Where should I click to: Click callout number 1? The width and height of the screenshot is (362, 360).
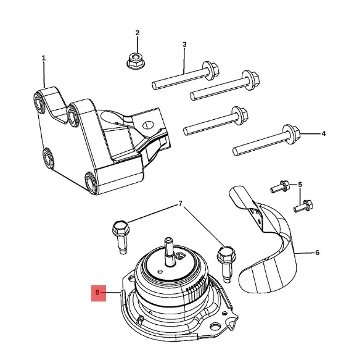[x=44, y=58]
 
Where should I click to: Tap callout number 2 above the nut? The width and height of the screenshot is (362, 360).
[x=138, y=33]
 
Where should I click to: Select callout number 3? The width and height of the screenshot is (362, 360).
[x=184, y=44]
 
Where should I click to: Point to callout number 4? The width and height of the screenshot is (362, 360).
[x=323, y=133]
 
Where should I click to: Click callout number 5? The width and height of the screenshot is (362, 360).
[x=300, y=185]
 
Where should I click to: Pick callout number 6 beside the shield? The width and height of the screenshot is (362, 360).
[x=317, y=253]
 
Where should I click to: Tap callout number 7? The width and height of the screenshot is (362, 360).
[x=180, y=204]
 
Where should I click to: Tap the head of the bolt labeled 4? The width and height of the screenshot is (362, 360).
[x=290, y=132]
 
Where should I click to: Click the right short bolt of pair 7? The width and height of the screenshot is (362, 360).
[x=225, y=256]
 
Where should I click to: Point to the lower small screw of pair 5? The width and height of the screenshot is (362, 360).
[x=305, y=206]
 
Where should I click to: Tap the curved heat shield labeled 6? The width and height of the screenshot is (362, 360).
[x=271, y=247]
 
